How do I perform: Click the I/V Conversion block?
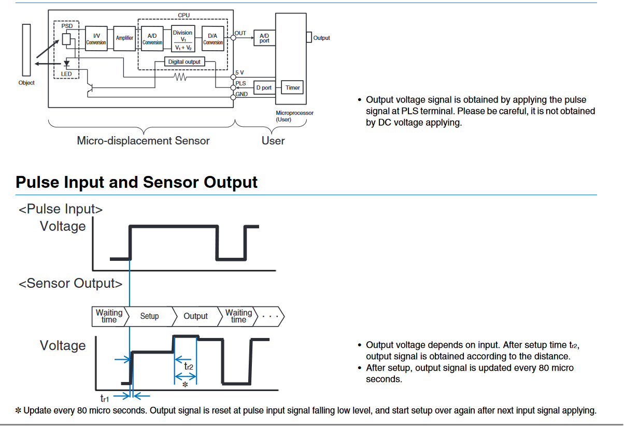pyautogui.click(x=96, y=38)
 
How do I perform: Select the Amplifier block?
pyautogui.click(x=124, y=38)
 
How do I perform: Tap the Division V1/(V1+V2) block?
pyautogui.click(x=182, y=39)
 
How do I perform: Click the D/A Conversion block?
pyautogui.click(x=213, y=39)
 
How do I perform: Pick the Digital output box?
pyautogui.click(x=185, y=62)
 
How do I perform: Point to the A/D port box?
pyautogui.click(x=264, y=38)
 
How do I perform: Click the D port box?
pyautogui.click(x=264, y=87)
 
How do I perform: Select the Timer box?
pyautogui.click(x=292, y=87)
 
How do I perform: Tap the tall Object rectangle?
pyautogui.click(x=26, y=50)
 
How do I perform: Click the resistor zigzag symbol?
pyautogui.click(x=180, y=77)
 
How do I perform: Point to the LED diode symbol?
pyautogui.click(x=66, y=64)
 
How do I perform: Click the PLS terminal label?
pyautogui.click(x=240, y=83)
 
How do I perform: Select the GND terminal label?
pyautogui.click(x=242, y=94)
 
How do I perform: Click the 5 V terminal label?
pyautogui.click(x=239, y=72)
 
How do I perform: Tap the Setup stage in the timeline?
pyautogui.click(x=149, y=316)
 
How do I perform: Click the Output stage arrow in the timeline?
pyautogui.click(x=195, y=316)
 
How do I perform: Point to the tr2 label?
pyautogui.click(x=189, y=366)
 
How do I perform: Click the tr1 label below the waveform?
pyautogui.click(x=104, y=399)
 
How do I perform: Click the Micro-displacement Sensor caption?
pyautogui.click(x=143, y=140)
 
